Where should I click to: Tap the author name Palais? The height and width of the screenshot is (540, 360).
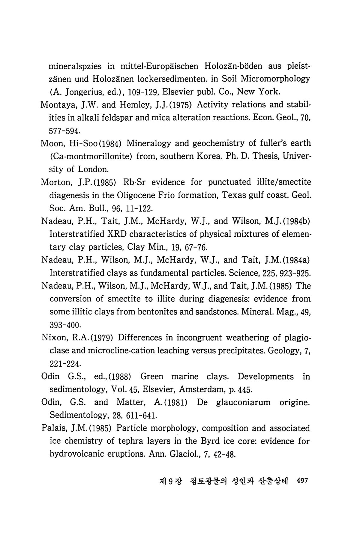(x=53, y=428)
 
